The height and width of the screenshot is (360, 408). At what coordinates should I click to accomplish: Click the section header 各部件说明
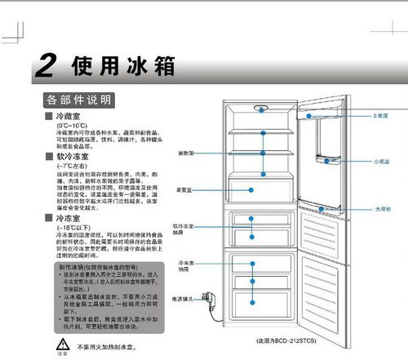point(78,100)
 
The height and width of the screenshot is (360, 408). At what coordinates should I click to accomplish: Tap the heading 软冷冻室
point(71,156)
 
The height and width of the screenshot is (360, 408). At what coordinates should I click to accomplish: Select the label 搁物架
point(185,153)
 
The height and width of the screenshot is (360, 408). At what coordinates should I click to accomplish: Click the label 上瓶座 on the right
point(379,116)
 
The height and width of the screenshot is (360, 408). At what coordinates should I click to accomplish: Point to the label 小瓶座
point(380,162)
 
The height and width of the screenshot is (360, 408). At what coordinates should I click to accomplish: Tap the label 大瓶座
point(380,209)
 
